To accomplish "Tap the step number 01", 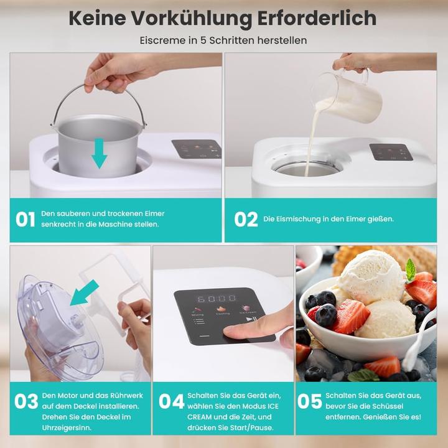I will click(26, 219).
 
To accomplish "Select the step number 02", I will click(246, 219).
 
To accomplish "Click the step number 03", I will click(26, 402).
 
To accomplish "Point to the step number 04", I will click(171, 402).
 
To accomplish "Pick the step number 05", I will click(309, 402).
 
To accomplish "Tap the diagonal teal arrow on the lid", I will click(84, 292).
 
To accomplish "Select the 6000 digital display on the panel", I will click(217, 298).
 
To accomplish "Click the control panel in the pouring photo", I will click(391, 152).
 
